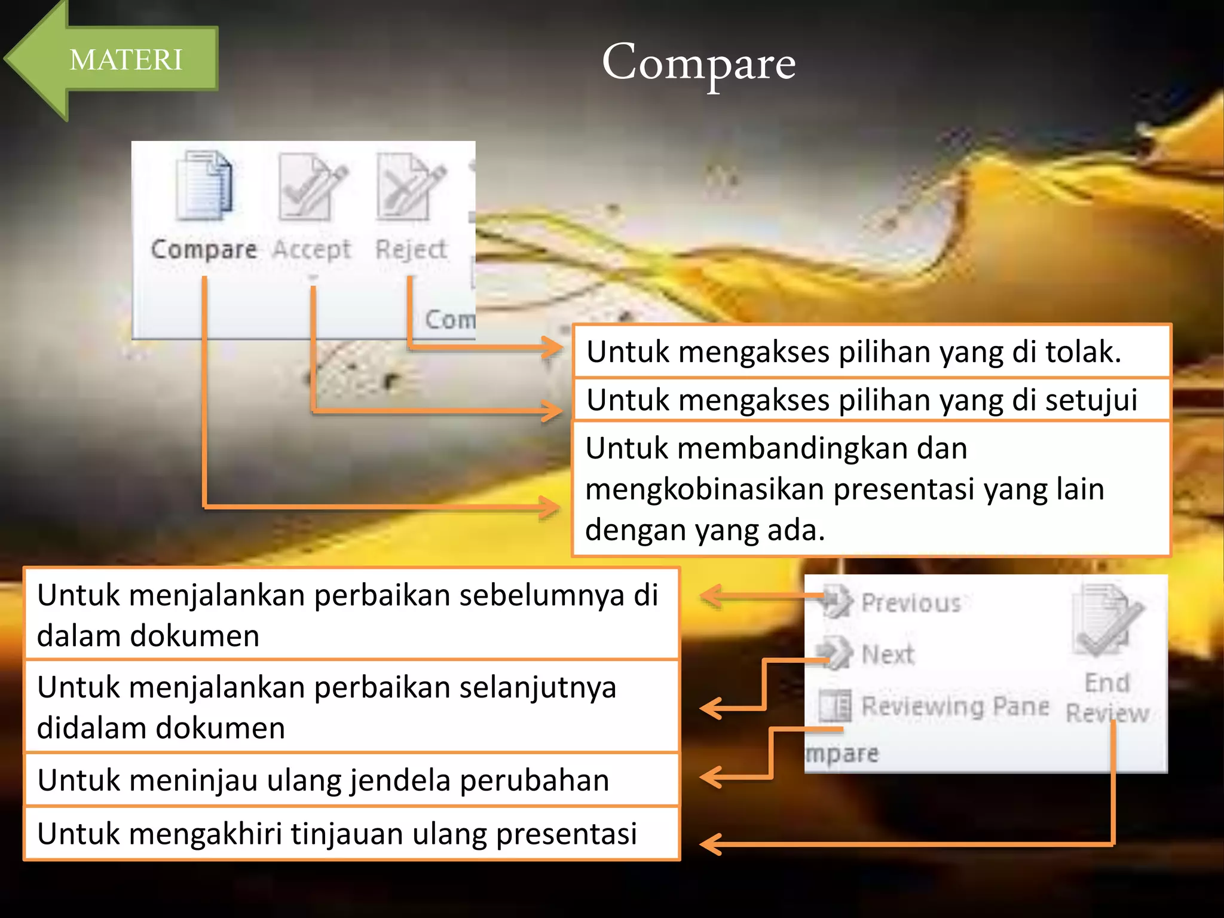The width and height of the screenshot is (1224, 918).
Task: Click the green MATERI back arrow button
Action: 114,60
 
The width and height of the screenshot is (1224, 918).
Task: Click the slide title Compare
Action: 698,63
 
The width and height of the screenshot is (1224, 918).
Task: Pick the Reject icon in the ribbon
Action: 411,186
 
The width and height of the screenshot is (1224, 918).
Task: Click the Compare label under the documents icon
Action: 204,249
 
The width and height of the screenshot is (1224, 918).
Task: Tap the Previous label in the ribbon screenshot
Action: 911,603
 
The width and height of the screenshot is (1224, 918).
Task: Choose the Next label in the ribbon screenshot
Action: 888,655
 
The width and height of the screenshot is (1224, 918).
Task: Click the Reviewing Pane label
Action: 955,706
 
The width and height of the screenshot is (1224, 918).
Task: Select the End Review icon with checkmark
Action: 1107,622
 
